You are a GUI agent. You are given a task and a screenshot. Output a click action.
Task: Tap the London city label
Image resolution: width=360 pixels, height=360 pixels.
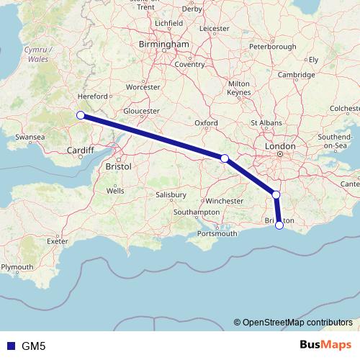point(280,146)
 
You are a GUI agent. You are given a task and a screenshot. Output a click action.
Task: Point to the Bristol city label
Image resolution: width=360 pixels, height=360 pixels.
point(118,166)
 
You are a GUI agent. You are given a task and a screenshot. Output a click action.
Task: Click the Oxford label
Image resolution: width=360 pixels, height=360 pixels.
point(206,123)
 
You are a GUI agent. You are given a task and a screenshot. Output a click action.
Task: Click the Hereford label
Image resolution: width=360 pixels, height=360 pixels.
point(93,96)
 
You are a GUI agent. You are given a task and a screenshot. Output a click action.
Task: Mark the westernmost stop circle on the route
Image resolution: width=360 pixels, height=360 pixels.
point(81,115)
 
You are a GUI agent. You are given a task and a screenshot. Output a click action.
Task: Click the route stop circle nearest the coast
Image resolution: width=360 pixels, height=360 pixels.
point(279,226)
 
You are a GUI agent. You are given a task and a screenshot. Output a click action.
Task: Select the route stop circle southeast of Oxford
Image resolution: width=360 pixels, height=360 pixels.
point(225,158)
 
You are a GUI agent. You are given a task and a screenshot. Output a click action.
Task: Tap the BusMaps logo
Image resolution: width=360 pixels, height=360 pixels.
point(327,344)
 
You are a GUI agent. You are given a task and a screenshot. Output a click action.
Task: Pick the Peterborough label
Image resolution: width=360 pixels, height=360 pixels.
point(272,47)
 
